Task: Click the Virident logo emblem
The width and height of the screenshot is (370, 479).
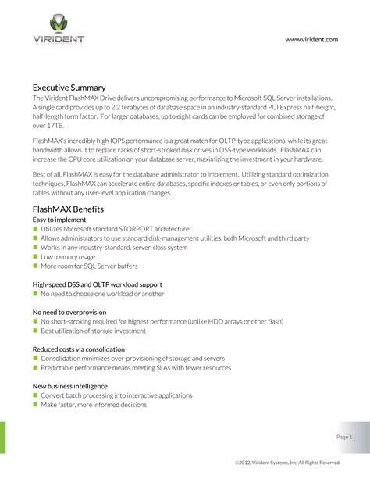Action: [59, 23]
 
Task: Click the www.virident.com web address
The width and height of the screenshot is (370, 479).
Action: [311, 39]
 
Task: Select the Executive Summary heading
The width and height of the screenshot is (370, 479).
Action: [69, 87]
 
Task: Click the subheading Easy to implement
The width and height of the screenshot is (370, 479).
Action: [59, 221]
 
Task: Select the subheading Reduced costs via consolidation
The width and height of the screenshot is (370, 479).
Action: [78, 349]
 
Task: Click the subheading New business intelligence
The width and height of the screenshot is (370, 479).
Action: [69, 386]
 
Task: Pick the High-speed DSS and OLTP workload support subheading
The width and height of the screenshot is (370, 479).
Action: [97, 284]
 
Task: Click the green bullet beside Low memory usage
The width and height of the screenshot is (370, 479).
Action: [35, 256]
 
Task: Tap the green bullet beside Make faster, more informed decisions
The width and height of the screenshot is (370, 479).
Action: [35, 405]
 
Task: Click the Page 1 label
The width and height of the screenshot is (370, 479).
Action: [345, 436]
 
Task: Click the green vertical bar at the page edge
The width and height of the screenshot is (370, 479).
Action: [2, 449]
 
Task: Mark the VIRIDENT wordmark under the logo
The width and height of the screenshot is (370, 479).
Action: [59, 39]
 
